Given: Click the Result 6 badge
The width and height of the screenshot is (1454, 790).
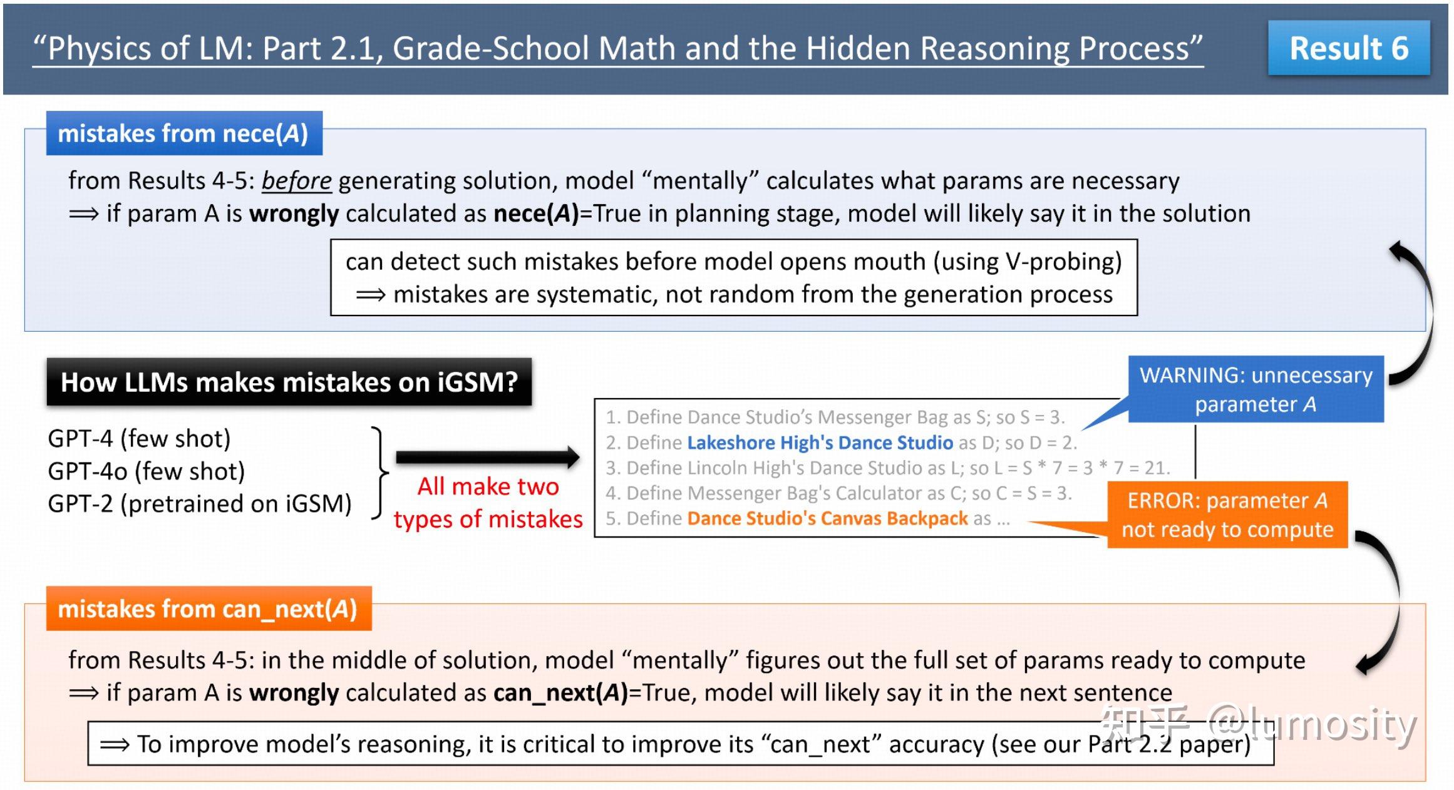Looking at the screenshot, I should pyautogui.click(x=1348, y=48).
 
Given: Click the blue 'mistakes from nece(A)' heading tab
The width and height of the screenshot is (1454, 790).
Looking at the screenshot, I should pyautogui.click(x=183, y=133).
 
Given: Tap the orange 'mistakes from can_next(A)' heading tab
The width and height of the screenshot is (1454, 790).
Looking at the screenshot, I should pyautogui.click(x=208, y=608).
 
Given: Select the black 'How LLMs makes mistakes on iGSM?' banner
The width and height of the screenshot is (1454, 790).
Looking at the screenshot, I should pyautogui.click(x=289, y=382).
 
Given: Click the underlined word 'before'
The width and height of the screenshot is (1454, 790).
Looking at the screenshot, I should pyautogui.click(x=296, y=181).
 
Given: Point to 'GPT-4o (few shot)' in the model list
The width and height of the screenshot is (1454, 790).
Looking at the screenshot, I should pyautogui.click(x=146, y=471).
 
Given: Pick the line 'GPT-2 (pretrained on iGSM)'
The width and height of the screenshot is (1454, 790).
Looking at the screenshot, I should pyautogui.click(x=199, y=503).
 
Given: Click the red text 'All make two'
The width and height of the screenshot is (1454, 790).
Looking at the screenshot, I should pyautogui.click(x=488, y=486).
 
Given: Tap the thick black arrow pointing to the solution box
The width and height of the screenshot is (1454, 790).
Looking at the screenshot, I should pyautogui.click(x=487, y=458).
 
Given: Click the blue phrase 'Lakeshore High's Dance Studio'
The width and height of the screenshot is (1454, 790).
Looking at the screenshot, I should pyautogui.click(x=820, y=443).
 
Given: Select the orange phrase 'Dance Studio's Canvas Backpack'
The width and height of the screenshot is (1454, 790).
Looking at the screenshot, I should pyautogui.click(x=827, y=518).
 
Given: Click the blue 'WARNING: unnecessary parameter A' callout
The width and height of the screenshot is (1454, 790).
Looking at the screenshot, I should pyautogui.click(x=1255, y=389).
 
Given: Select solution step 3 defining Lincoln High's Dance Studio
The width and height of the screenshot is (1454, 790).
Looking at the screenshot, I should pyautogui.click(x=887, y=468).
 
